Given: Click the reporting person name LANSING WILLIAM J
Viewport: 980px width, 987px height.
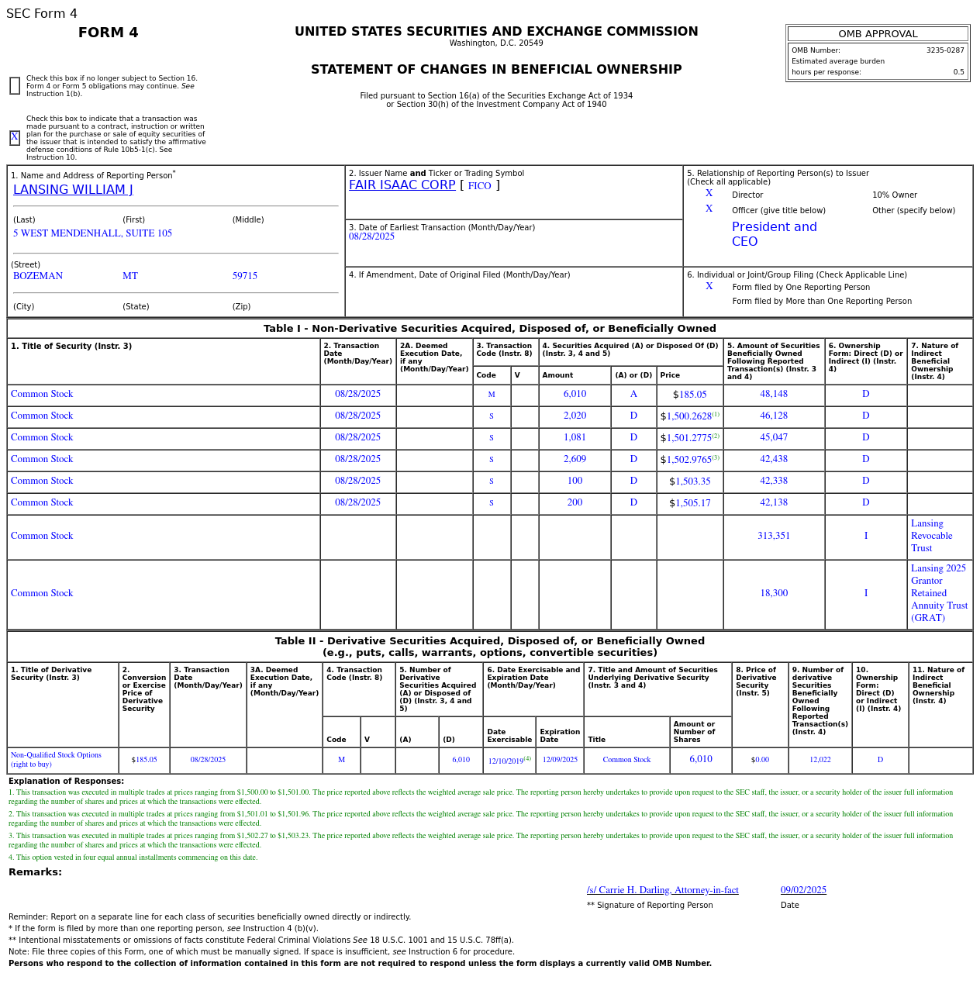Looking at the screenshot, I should pyautogui.click(x=73, y=190).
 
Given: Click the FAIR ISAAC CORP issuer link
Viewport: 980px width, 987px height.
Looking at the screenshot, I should pyautogui.click(x=402, y=185).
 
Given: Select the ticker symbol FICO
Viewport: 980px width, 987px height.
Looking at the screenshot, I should pyautogui.click(x=479, y=186).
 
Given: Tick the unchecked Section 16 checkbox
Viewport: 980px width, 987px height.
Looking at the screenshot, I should pyautogui.click(x=15, y=86).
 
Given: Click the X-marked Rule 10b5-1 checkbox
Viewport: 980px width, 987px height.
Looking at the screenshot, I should pyautogui.click(x=15, y=138).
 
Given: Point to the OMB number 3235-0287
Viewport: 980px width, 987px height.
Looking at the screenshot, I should pyautogui.click(x=944, y=50).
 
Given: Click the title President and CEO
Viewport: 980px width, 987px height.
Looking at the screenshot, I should pyautogui.click(x=773, y=234).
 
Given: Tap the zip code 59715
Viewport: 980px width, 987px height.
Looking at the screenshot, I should pyautogui.click(x=244, y=276).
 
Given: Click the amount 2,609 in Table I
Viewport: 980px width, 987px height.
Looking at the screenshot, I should pyautogui.click(x=575, y=460).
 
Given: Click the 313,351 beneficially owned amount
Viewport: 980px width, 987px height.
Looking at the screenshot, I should pyautogui.click(x=773, y=537).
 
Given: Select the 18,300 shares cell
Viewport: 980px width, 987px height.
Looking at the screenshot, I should pyautogui.click(x=773, y=594).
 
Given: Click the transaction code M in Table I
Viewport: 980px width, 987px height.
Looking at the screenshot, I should pyautogui.click(x=491, y=395).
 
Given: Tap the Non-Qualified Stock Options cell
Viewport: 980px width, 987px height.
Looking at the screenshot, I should pyautogui.click(x=56, y=760).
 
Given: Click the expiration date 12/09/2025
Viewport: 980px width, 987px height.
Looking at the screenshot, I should pyautogui.click(x=559, y=760).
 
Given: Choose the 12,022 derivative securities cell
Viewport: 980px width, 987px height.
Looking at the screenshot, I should pyautogui.click(x=820, y=760).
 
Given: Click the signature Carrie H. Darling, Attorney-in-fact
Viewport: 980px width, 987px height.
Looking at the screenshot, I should pyautogui.click(x=662, y=891).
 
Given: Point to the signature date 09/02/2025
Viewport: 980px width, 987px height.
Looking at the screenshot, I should pyautogui.click(x=802, y=891).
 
